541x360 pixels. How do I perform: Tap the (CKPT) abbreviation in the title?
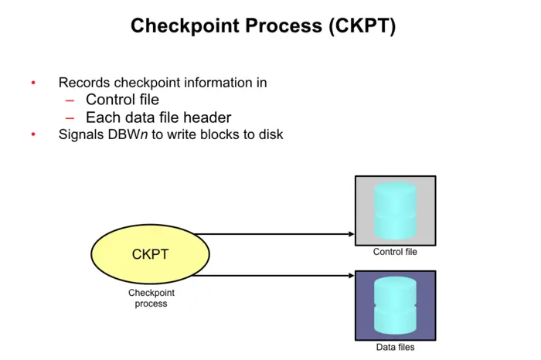[359, 25]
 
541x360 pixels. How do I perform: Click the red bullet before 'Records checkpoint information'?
[33, 83]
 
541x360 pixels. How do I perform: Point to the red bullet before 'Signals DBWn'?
[33, 134]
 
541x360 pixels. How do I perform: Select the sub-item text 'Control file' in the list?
[122, 100]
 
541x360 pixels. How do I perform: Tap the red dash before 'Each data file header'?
[70, 117]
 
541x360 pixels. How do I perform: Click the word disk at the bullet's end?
[270, 134]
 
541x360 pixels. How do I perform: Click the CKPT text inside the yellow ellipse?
[151, 253]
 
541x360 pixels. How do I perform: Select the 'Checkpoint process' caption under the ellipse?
[151, 298]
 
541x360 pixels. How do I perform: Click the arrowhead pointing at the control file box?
[349, 234]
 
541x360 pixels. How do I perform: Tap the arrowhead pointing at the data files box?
[349, 275]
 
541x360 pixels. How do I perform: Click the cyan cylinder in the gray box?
[395, 210]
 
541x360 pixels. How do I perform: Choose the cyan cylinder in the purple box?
[395, 304]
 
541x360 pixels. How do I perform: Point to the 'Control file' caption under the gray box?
[395, 252]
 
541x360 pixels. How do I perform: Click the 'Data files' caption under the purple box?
[395, 347]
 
